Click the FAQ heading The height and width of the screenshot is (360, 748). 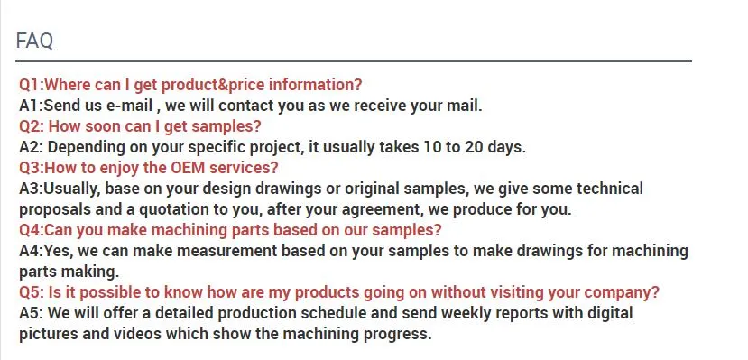pyautogui.click(x=34, y=41)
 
